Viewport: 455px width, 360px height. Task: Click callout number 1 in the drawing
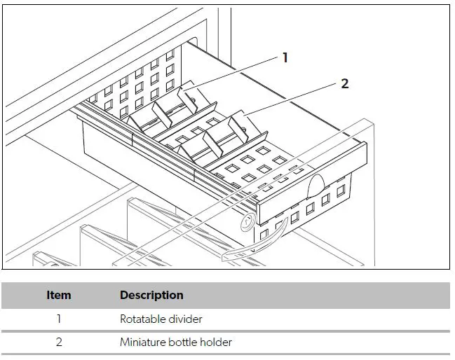pos(285,58)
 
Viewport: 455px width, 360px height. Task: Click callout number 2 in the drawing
pos(344,83)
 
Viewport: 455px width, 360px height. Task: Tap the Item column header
pos(59,295)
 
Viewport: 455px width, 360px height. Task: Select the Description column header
pos(151,295)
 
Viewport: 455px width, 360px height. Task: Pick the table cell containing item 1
pos(59,319)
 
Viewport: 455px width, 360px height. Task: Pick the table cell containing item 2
pos(59,342)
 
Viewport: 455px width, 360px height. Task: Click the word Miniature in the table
pos(143,342)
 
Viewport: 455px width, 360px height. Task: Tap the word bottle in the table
pos(184,342)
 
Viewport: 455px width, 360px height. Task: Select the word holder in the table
pos(216,342)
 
